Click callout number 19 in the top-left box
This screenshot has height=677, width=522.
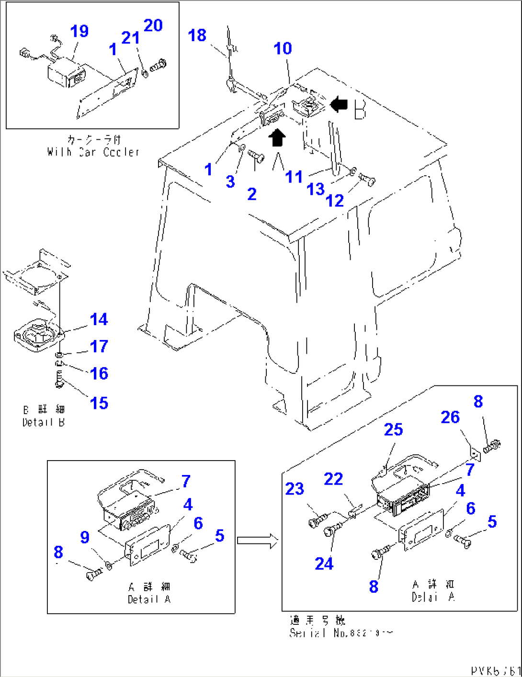[79, 31]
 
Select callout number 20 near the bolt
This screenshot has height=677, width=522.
[153, 25]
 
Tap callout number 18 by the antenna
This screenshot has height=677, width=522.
[197, 35]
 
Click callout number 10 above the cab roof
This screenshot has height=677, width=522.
[283, 48]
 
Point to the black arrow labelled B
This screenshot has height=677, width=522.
[340, 103]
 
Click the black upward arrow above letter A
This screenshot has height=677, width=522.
[277, 138]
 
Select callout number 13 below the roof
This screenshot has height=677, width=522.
[316, 190]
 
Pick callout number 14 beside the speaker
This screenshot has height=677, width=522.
[99, 319]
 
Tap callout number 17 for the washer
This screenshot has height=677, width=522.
[99, 346]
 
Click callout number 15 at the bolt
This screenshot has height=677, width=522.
[99, 403]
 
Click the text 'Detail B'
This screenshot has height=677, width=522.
[44, 422]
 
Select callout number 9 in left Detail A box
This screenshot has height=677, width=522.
[85, 537]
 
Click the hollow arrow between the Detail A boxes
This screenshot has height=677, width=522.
[258, 541]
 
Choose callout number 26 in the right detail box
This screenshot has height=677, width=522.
[450, 417]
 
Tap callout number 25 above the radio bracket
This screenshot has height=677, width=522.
[393, 429]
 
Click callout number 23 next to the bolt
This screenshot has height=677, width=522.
[295, 489]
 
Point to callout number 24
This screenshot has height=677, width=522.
[324, 564]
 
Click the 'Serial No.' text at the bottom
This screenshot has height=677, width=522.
[341, 632]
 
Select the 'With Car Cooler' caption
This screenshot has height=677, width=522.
[93, 152]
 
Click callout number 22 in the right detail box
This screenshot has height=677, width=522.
[333, 479]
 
